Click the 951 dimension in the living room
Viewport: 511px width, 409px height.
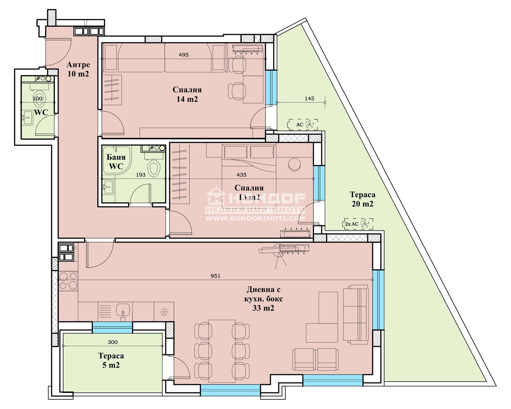tap(215, 276)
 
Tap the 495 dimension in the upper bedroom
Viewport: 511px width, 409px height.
tap(184, 55)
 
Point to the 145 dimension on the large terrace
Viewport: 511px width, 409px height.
tap(309, 99)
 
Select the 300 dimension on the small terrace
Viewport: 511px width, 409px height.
tap(112, 342)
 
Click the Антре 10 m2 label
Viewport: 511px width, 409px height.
tap(78, 69)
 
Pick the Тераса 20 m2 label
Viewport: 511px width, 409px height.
tap(362, 199)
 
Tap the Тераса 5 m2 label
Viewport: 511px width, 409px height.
tap(111, 361)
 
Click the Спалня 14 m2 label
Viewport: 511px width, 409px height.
tap(187, 94)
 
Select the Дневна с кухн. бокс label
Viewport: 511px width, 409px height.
tap(263, 294)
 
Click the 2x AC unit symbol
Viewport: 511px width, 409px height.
tap(357, 224)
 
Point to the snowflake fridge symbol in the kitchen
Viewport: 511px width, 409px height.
tap(164, 312)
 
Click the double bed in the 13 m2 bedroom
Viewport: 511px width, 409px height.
tap(249, 173)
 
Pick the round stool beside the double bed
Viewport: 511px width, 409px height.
tap(295, 164)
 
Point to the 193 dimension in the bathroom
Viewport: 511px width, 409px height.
tap(141, 175)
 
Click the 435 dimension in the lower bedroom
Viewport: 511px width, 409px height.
tap(241, 175)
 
